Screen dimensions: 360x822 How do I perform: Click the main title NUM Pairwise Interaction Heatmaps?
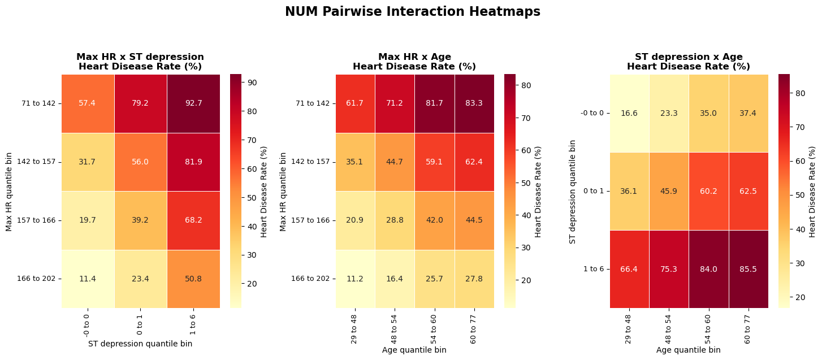point(412,12)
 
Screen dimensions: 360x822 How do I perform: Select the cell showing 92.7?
point(193,103)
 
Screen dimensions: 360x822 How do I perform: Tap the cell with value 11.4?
point(88,279)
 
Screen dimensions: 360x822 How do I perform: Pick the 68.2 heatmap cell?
point(193,220)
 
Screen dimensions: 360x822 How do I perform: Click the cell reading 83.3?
point(474,103)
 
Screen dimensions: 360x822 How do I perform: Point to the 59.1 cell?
point(434,162)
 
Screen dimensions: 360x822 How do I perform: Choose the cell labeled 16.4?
point(395,279)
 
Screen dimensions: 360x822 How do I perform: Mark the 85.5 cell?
point(748,269)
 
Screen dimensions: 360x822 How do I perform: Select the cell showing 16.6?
point(629,113)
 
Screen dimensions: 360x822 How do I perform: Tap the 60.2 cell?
point(708,191)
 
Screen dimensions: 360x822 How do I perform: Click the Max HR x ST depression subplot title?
point(140,62)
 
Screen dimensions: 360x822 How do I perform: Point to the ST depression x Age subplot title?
point(689,62)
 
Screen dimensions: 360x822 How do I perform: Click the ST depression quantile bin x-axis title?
point(140,344)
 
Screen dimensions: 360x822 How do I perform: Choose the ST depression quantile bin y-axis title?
point(573,191)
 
